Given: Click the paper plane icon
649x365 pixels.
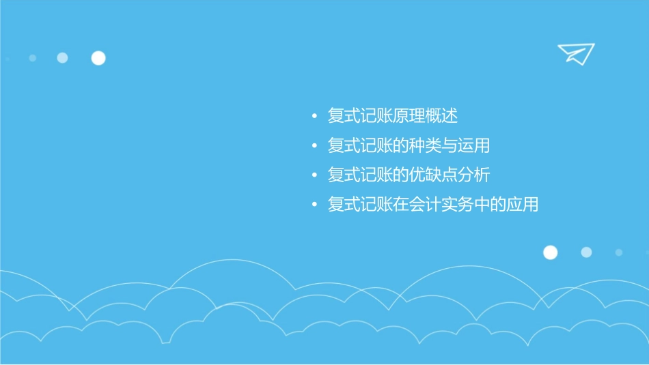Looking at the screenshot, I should pos(575,53).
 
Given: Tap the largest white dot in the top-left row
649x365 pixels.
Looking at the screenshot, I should pos(98,58).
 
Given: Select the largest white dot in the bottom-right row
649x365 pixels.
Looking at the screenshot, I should pos(550,252).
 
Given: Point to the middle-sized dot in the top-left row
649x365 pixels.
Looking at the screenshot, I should pos(62,58).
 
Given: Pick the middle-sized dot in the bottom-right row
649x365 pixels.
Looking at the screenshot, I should pos(586,252).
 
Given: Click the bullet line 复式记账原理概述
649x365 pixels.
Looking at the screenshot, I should pos(392,116).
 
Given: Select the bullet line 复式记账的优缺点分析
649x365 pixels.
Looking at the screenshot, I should pos(409,175).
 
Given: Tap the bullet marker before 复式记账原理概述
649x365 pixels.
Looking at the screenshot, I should pos(314,117).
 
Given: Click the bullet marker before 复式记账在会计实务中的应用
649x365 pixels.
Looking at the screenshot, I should pos(314,205).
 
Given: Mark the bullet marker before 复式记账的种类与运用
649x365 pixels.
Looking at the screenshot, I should pos(314,146).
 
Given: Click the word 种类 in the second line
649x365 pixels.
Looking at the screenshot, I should pos(425,145).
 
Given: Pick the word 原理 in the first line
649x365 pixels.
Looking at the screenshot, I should pos(409,116).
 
